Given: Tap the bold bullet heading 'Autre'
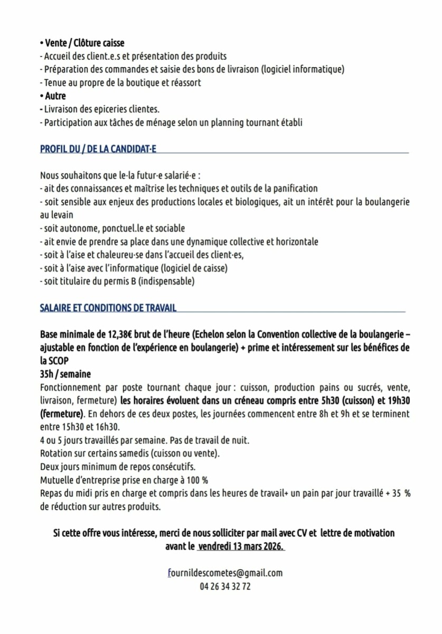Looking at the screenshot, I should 55,96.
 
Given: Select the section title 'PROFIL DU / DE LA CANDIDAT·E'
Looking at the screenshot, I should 98,149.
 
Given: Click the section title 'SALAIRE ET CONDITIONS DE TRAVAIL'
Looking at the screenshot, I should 108,307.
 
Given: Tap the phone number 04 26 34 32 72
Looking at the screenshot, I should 225,586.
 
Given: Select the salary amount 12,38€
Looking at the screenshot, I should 120,334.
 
